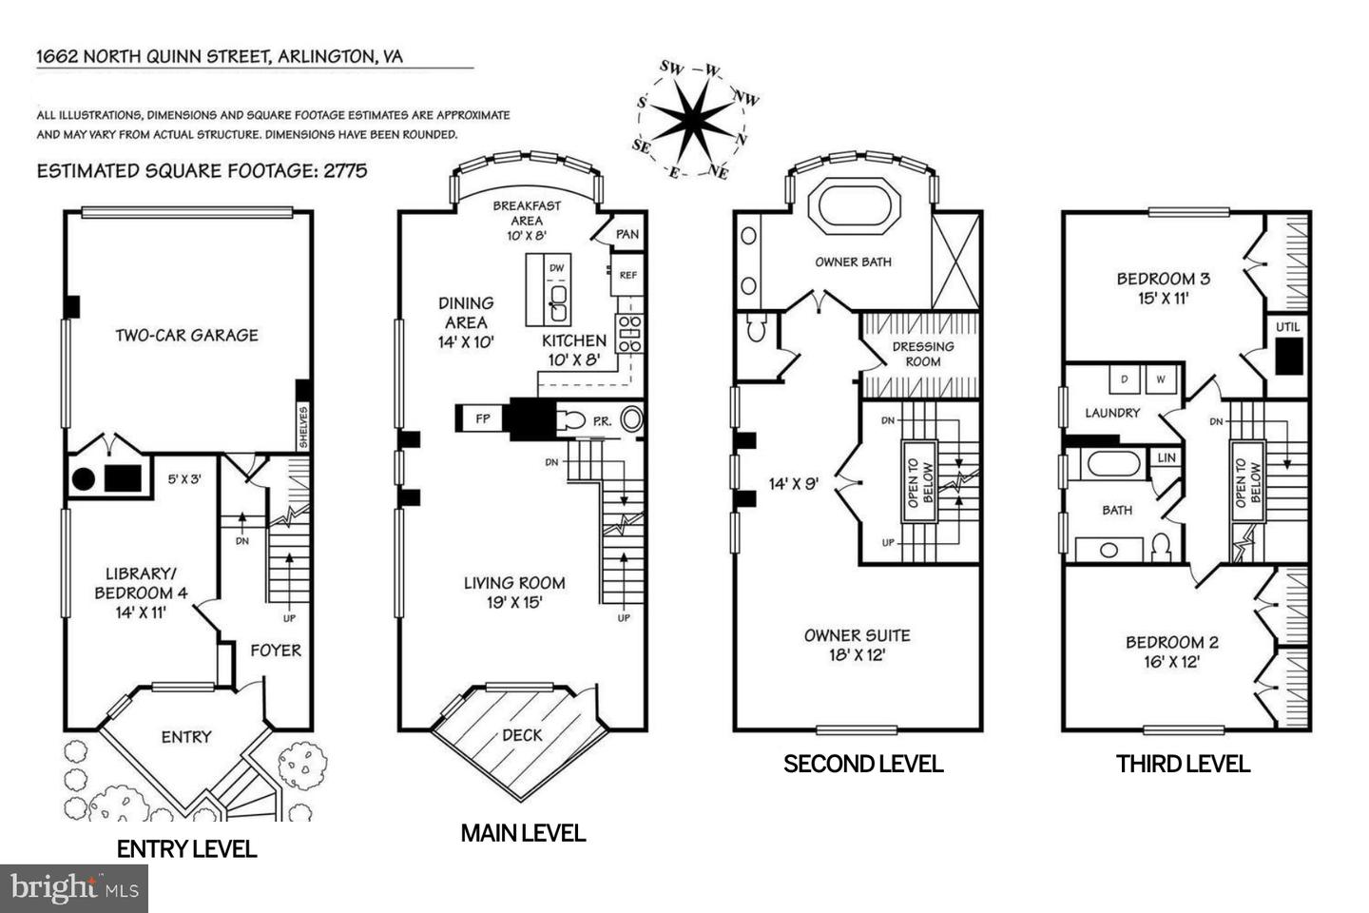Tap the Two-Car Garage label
(x=186, y=335)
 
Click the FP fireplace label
(x=482, y=418)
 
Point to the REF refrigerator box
(x=627, y=276)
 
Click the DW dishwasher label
(x=556, y=268)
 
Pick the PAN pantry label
(x=627, y=235)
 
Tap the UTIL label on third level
(x=1287, y=327)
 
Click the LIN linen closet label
(x=1166, y=457)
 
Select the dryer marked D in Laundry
(x=1125, y=379)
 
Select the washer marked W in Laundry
(x=1161, y=379)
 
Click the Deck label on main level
(x=522, y=734)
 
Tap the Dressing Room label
(x=922, y=354)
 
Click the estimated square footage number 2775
(x=344, y=171)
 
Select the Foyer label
(x=276, y=651)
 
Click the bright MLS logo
(x=74, y=888)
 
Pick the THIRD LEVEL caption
(x=1183, y=764)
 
